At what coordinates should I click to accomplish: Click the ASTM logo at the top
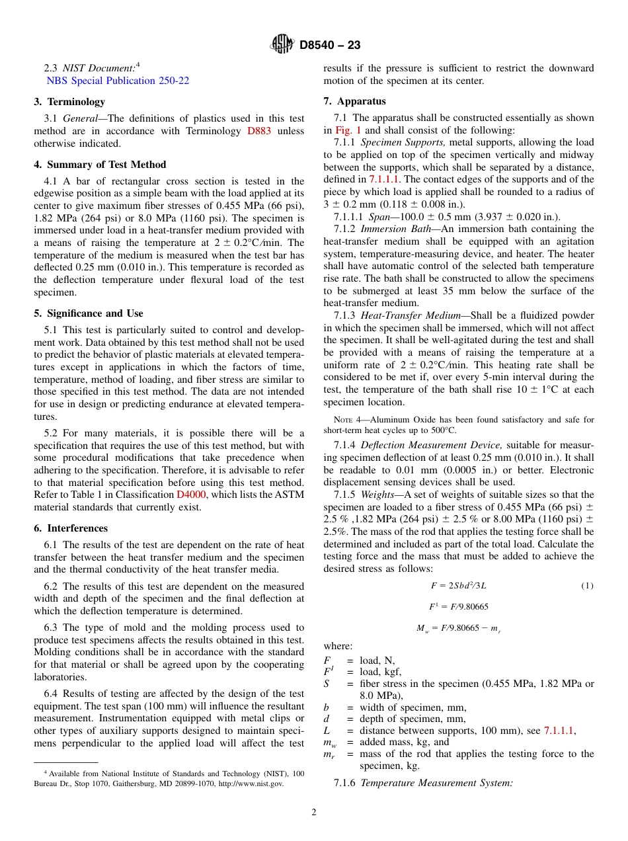tap(282, 45)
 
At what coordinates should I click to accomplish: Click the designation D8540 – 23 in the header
tap(330, 46)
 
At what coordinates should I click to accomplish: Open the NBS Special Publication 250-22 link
tap(118, 81)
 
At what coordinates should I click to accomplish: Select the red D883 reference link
tap(258, 131)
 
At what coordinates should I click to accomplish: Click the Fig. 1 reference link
tap(348, 130)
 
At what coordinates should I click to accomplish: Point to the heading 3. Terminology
tap(69, 102)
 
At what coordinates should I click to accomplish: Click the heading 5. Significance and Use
tap(89, 313)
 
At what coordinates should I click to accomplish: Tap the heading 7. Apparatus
tap(354, 101)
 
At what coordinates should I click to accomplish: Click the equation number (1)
tap(587, 586)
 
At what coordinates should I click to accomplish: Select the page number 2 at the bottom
tap(314, 813)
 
